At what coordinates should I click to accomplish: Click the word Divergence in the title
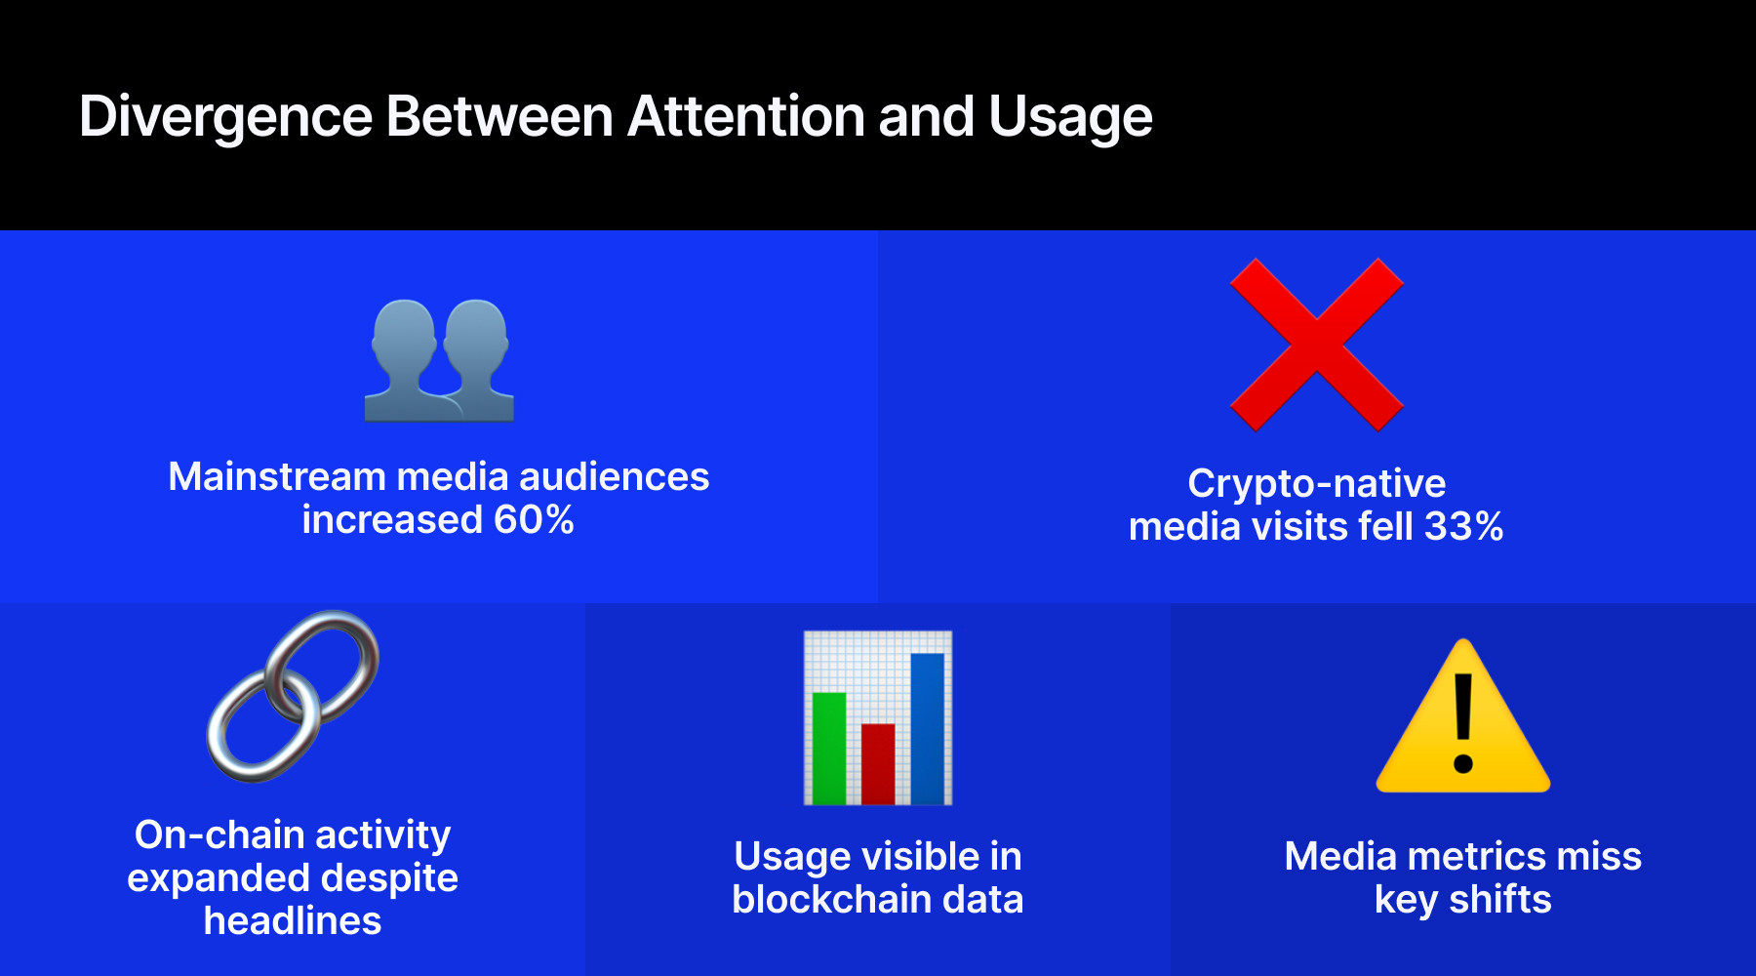pos(225,117)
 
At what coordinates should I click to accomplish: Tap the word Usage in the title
pos(1070,117)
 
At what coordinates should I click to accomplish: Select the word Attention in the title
pos(746,117)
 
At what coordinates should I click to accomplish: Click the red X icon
pos(1316,345)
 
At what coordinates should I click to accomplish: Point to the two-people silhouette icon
pos(439,360)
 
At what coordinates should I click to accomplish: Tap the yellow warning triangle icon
pos(1462,722)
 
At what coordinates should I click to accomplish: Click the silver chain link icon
pos(293,696)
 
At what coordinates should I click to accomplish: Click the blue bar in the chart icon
pos(927,727)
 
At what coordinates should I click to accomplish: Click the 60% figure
pos(534,520)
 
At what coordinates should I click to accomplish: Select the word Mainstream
pos(277,477)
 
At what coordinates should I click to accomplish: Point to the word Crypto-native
pos(1316,484)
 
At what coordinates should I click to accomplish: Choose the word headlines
pos(293,921)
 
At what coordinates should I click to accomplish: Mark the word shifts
pos(1499,900)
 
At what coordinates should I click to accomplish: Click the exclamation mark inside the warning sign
pos(1462,722)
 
